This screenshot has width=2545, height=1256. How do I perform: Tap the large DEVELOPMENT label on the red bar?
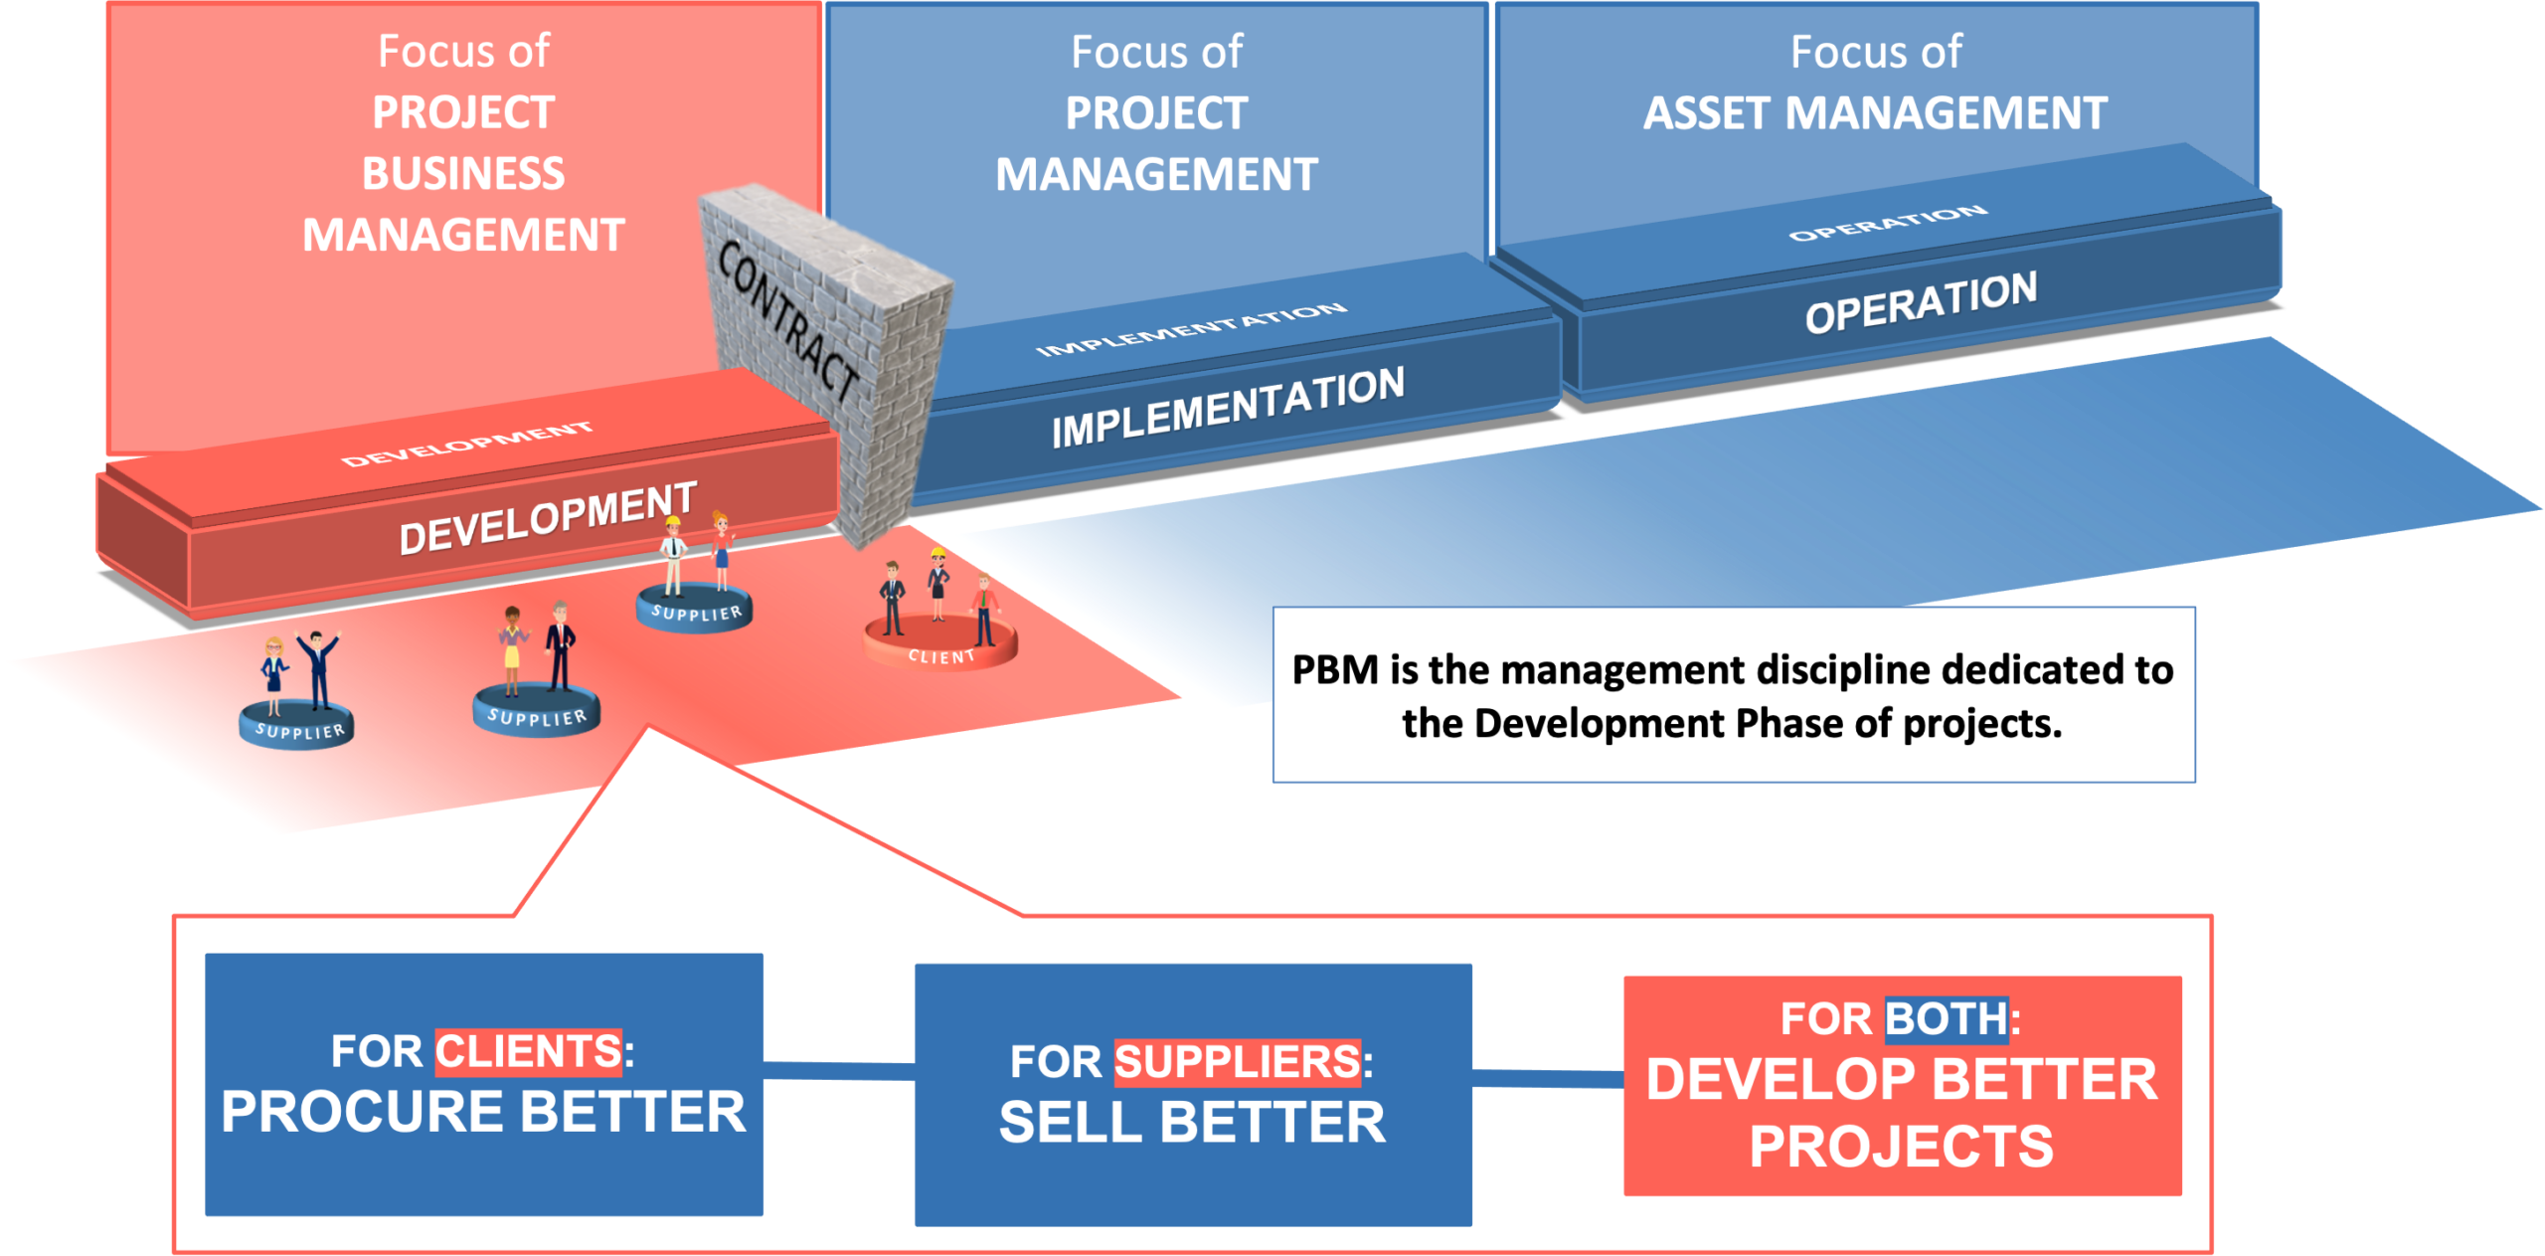pyautogui.click(x=548, y=519)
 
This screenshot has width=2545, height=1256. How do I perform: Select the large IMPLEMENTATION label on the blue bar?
pyautogui.click(x=1228, y=407)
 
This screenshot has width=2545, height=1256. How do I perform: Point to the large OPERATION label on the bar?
pyautogui.click(x=1921, y=302)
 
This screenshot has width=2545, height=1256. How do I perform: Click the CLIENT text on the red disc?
pyautogui.click(x=940, y=656)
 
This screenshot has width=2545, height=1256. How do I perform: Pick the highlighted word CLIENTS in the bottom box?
pyautogui.click(x=528, y=1051)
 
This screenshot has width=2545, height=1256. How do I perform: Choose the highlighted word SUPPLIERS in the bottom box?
pyautogui.click(x=1237, y=1061)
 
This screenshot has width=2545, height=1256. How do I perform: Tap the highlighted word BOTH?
pyautogui.click(x=1947, y=1018)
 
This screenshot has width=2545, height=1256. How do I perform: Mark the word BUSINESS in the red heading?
pyautogui.click(x=463, y=174)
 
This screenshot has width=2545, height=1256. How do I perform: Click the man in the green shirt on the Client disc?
pyautogui.click(x=984, y=609)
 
